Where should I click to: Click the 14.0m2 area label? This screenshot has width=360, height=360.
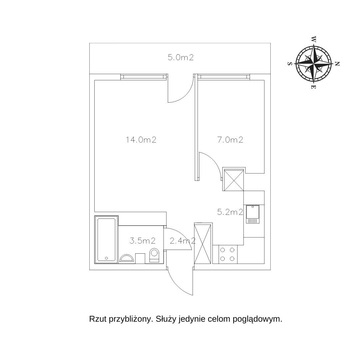pyautogui.click(x=141, y=140)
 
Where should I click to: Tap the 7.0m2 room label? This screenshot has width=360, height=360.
pyautogui.click(x=230, y=140)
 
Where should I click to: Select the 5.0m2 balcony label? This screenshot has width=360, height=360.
pyautogui.click(x=180, y=57)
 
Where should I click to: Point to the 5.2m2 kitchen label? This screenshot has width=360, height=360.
pyautogui.click(x=230, y=212)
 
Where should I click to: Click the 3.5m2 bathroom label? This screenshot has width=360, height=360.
pyautogui.click(x=143, y=241)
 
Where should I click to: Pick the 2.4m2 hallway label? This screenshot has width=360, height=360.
pyautogui.click(x=183, y=241)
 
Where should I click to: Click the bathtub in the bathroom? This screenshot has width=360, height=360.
pyautogui.click(x=106, y=239)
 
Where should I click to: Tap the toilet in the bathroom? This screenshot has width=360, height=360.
pyautogui.click(x=154, y=255)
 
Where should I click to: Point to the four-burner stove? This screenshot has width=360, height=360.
pyautogui.click(x=227, y=254)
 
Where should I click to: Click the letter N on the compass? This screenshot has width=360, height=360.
pyautogui.click(x=337, y=64)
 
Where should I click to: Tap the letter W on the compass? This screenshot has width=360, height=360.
pyautogui.click(x=314, y=39)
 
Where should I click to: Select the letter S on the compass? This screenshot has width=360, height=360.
pyautogui.click(x=290, y=64)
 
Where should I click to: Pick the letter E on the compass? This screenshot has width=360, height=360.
pyautogui.click(x=314, y=87)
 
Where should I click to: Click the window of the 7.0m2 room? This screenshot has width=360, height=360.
pyautogui.click(x=223, y=77)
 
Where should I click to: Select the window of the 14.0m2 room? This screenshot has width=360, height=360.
pyautogui.click(x=144, y=77)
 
